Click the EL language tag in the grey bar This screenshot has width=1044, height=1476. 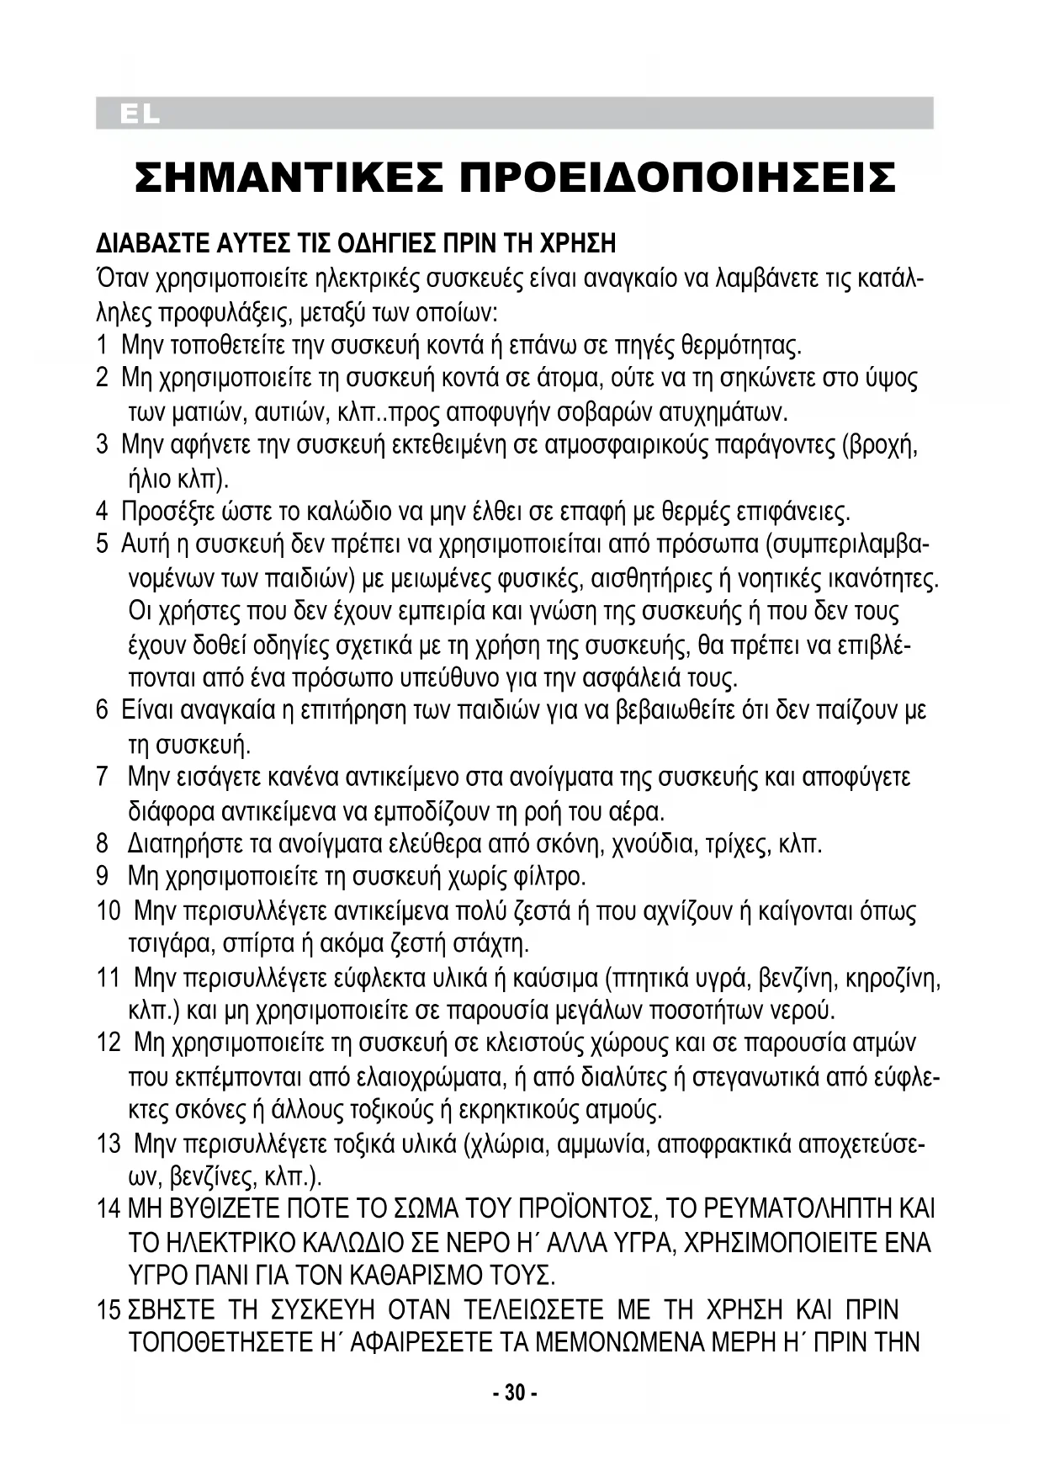(139, 114)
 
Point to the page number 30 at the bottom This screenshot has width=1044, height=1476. (514, 1393)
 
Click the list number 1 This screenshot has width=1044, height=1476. (102, 345)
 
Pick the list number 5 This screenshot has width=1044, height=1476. (102, 544)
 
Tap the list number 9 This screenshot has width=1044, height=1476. (102, 876)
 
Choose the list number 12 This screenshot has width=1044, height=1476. (109, 1043)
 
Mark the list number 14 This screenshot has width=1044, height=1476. (109, 1209)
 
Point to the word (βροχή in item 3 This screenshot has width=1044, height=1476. (879, 444)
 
